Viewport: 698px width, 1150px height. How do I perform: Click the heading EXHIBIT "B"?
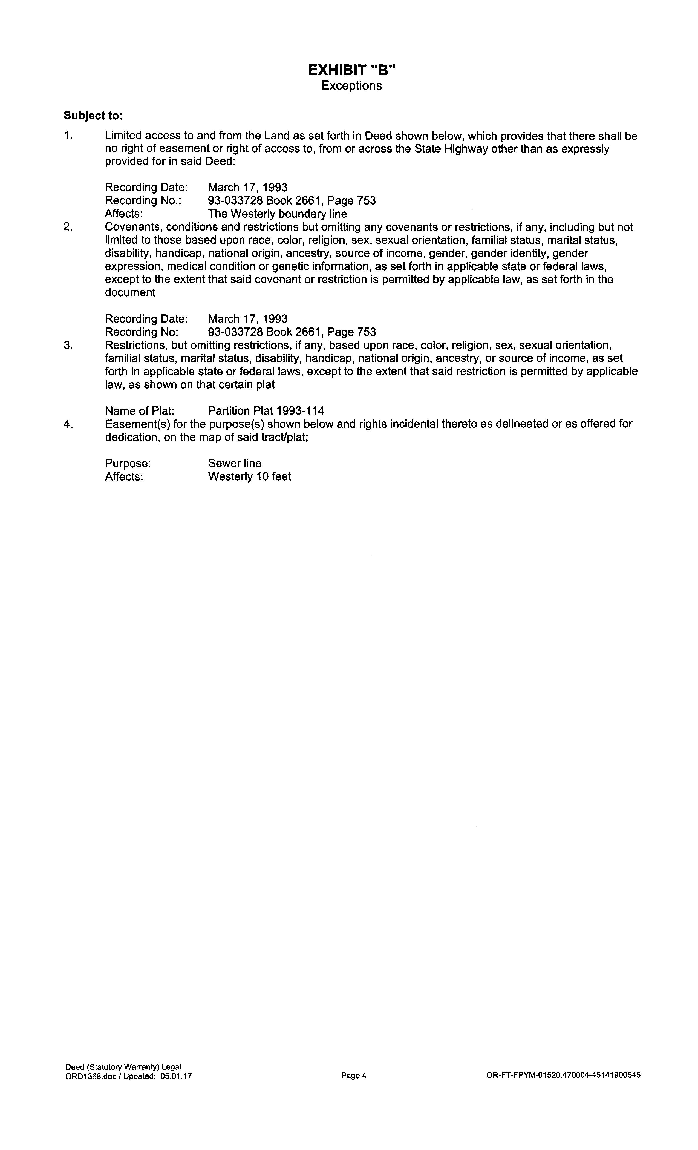351,70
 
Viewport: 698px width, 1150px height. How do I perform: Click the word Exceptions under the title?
351,86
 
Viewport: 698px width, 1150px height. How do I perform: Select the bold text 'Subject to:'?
93,115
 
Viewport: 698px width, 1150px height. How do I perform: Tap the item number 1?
68,136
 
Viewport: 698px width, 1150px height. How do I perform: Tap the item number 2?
68,227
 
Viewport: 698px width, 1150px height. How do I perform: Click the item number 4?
68,424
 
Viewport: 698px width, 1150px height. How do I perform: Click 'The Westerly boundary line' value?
277,214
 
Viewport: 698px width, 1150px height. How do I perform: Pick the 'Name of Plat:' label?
140,411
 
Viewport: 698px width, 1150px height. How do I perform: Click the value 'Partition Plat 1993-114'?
266,411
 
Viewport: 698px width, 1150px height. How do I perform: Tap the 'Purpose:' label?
128,464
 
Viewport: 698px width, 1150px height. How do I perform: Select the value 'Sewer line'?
235,464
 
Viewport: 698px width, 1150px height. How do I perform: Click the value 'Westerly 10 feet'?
249,476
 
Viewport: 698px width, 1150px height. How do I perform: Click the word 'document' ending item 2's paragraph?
130,293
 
